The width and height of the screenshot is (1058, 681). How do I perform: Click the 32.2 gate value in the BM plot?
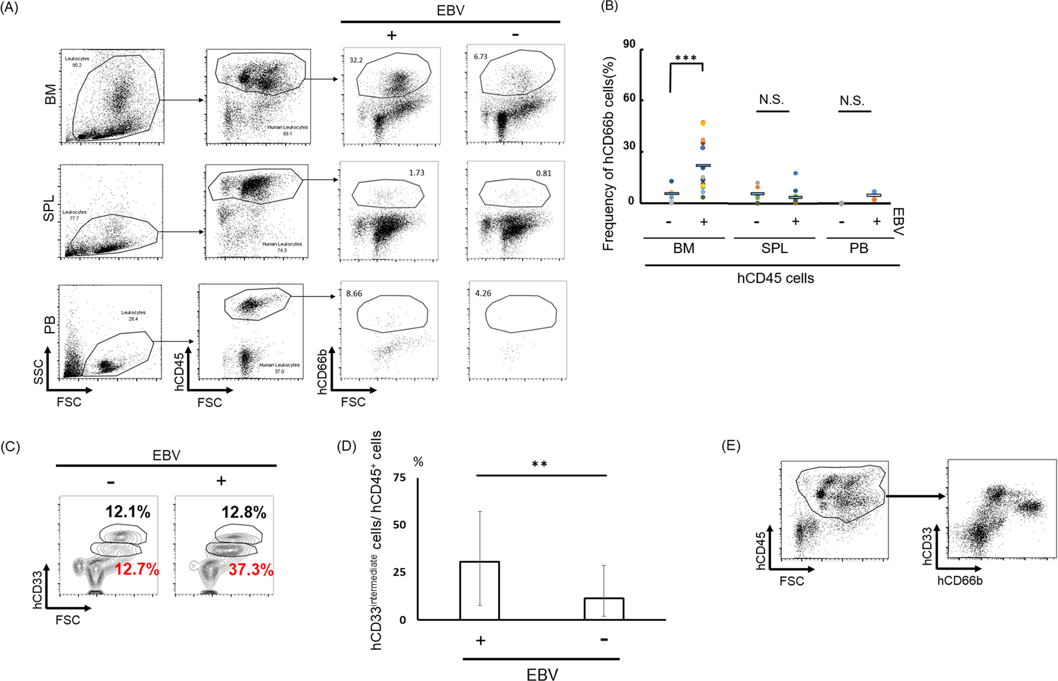pos(356,60)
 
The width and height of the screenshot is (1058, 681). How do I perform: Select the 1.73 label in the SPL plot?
pos(416,172)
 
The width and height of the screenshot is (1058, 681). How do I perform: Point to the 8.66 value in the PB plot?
pos(354,293)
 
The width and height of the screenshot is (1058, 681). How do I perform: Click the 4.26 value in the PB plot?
pos(483,293)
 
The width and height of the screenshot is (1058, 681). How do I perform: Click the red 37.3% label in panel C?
pos(251,570)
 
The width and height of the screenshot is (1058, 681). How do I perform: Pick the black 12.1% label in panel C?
pos(128,511)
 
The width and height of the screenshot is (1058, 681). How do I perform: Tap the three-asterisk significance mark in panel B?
pos(686,58)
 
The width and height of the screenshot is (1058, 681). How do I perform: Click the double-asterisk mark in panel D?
pos(539,464)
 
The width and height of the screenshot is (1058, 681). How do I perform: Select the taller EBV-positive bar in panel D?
pos(479,590)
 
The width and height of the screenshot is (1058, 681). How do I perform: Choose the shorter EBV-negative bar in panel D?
pos(603,609)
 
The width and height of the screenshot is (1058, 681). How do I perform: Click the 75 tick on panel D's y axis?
pos(399,478)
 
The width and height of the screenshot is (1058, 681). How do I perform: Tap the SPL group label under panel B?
pos(774,248)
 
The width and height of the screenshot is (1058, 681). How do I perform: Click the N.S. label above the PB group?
pos(851,101)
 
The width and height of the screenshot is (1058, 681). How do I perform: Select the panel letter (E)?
pos(731,446)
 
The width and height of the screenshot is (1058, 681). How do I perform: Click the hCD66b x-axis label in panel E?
pos(959,581)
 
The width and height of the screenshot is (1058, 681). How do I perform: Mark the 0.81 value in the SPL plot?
pos(544,173)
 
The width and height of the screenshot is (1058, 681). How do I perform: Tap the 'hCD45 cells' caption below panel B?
pos(775,278)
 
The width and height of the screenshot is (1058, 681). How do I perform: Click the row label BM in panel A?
pos(50,95)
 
